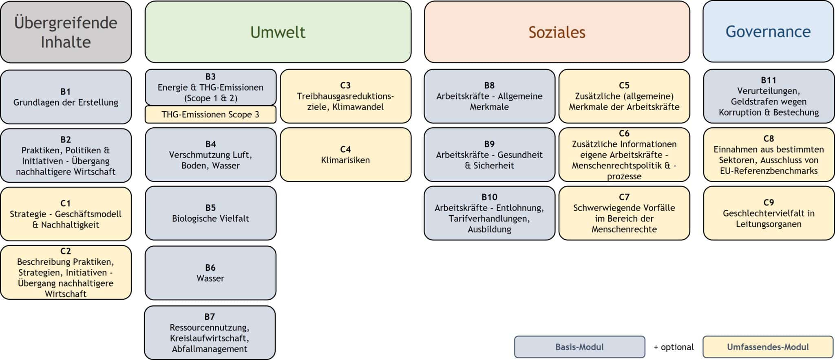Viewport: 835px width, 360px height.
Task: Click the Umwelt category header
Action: point(278,32)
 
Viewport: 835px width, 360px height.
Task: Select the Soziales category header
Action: point(557,32)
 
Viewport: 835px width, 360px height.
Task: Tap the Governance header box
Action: point(768,32)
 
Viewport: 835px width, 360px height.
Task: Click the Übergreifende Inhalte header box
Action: point(66,32)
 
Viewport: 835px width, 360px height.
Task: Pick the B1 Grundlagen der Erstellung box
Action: point(66,97)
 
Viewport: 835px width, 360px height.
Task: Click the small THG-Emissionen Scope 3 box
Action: point(210,115)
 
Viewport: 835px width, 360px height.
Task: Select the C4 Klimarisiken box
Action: point(345,155)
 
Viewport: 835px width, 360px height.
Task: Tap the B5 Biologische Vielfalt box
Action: point(210,213)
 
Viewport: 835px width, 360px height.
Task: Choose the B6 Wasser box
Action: point(210,273)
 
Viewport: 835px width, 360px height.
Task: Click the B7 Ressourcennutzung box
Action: point(210,333)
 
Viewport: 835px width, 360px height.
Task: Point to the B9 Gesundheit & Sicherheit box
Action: point(489,155)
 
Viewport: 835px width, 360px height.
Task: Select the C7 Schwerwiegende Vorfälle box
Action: point(624,213)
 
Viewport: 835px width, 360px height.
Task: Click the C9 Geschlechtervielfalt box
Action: point(769,213)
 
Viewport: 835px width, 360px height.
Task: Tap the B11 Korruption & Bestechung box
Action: point(769,96)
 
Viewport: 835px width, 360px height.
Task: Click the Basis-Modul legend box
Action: point(579,347)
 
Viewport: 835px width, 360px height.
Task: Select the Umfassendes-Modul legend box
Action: point(768,347)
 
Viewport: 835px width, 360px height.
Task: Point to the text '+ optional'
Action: point(674,347)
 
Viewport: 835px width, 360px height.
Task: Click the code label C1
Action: point(66,203)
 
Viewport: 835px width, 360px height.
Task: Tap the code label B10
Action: point(489,197)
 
